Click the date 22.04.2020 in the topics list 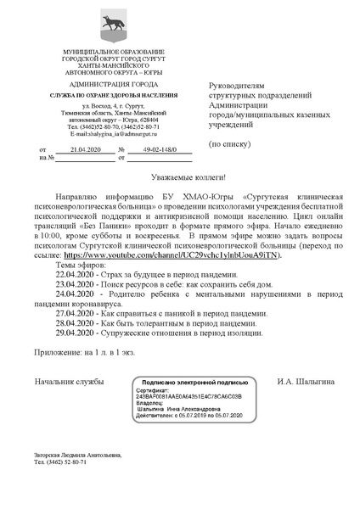[x=76, y=277]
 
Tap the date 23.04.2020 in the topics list [x=76, y=288]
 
